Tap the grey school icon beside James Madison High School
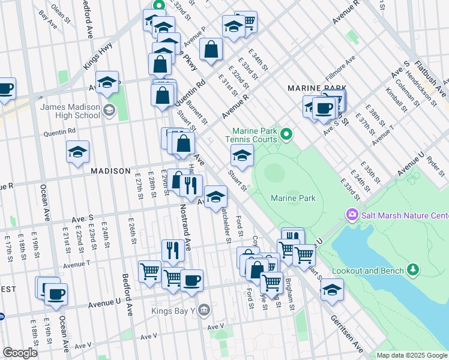point(109,110)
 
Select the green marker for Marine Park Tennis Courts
point(286,134)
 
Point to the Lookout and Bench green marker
point(412,269)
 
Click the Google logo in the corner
point(20,353)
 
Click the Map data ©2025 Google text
point(411,355)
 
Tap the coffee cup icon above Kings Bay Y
point(191,280)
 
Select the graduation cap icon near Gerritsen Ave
point(332,289)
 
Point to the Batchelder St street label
point(224,225)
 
